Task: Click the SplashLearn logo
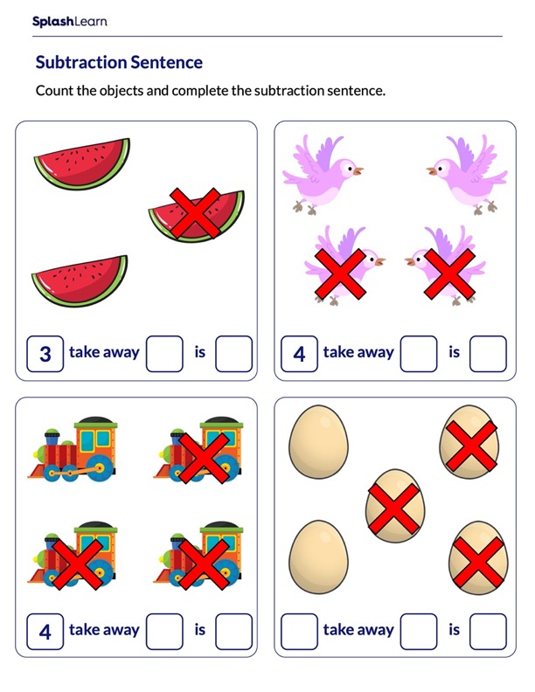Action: (x=70, y=21)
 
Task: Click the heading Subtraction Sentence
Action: (x=119, y=62)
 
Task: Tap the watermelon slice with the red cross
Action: (x=196, y=215)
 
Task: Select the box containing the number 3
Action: (x=45, y=354)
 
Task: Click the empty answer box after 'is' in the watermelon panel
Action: (x=234, y=354)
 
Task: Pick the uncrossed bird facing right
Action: (x=323, y=175)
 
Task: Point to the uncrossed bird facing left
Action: (x=467, y=175)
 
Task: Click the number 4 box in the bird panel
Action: (x=299, y=354)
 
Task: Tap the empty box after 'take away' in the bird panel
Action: (x=419, y=354)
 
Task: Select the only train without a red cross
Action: (x=73, y=450)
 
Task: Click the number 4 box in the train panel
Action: (x=45, y=632)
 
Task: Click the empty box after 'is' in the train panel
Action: (x=234, y=632)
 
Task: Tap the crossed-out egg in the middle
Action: (x=395, y=506)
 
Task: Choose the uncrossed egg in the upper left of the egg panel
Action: (x=318, y=443)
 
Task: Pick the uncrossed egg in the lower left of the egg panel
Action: (x=318, y=557)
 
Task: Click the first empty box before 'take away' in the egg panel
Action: (x=299, y=632)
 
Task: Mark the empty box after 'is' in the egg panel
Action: (x=488, y=632)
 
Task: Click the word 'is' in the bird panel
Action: (x=455, y=352)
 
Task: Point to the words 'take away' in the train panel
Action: (x=104, y=630)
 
